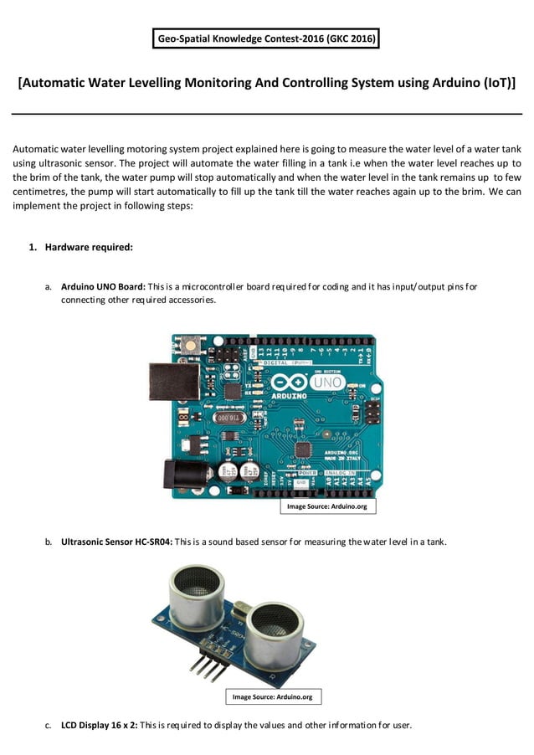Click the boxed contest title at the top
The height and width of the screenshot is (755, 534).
[x=267, y=39]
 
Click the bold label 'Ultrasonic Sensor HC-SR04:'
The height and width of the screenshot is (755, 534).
[x=116, y=542]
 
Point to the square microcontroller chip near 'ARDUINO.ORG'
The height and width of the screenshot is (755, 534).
[x=303, y=449]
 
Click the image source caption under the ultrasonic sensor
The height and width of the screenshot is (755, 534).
[x=273, y=696]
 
